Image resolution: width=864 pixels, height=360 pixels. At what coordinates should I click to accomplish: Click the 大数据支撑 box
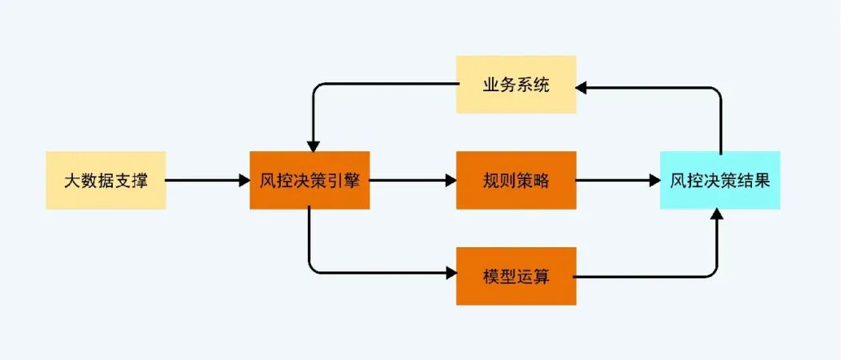pos(106,181)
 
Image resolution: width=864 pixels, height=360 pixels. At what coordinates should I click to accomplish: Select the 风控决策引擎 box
pos(310,181)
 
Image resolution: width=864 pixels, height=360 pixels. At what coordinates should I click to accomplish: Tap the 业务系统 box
pos(516,85)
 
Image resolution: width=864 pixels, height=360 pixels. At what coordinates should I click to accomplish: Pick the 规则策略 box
pos(516,181)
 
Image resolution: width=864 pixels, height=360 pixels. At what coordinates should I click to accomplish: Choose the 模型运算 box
pos(516,276)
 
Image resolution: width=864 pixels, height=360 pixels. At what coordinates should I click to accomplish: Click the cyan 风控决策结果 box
pos(720,181)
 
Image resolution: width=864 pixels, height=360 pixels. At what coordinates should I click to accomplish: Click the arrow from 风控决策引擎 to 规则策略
pos(412,181)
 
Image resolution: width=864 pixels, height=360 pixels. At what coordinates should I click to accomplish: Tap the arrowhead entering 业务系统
pos(583,85)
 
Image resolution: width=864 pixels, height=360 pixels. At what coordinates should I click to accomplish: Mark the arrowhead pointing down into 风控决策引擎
pos(314,146)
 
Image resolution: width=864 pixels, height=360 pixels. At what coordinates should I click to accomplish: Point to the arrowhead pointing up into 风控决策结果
pos(718,215)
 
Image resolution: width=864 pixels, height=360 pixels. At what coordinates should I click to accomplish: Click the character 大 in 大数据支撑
pos(71,181)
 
